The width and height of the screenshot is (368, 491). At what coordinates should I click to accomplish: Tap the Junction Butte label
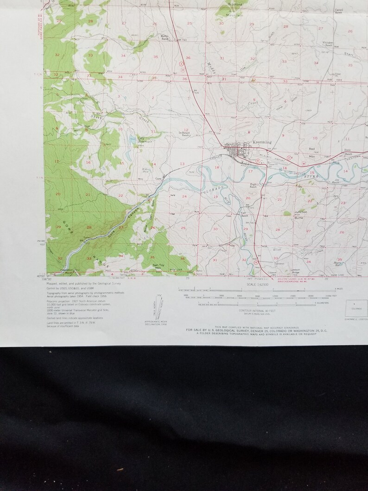(x=300, y=214)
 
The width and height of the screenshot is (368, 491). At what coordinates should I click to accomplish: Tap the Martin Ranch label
(x=164, y=37)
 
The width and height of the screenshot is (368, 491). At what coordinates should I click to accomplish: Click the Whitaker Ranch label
(x=328, y=44)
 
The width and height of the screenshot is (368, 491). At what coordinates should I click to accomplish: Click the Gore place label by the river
(x=158, y=177)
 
